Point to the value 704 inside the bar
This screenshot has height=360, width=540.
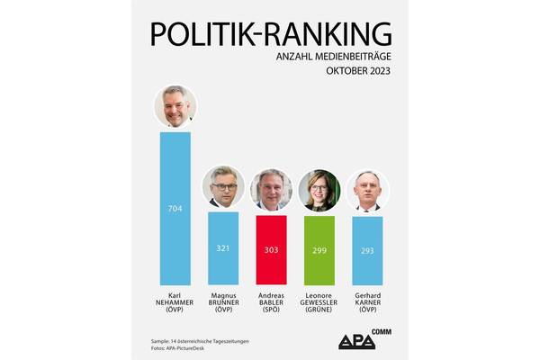pyautogui.click(x=175, y=209)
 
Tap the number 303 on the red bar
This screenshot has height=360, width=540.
pyautogui.click(x=271, y=250)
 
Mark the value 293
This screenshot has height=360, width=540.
pyautogui.click(x=367, y=250)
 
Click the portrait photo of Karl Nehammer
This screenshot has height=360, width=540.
pyautogui.click(x=175, y=107)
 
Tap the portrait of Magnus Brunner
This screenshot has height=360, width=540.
pyautogui.click(x=223, y=188)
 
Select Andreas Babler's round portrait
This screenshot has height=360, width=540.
pyautogui.click(x=271, y=190)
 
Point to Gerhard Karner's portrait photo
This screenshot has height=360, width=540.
pyautogui.click(x=367, y=190)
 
